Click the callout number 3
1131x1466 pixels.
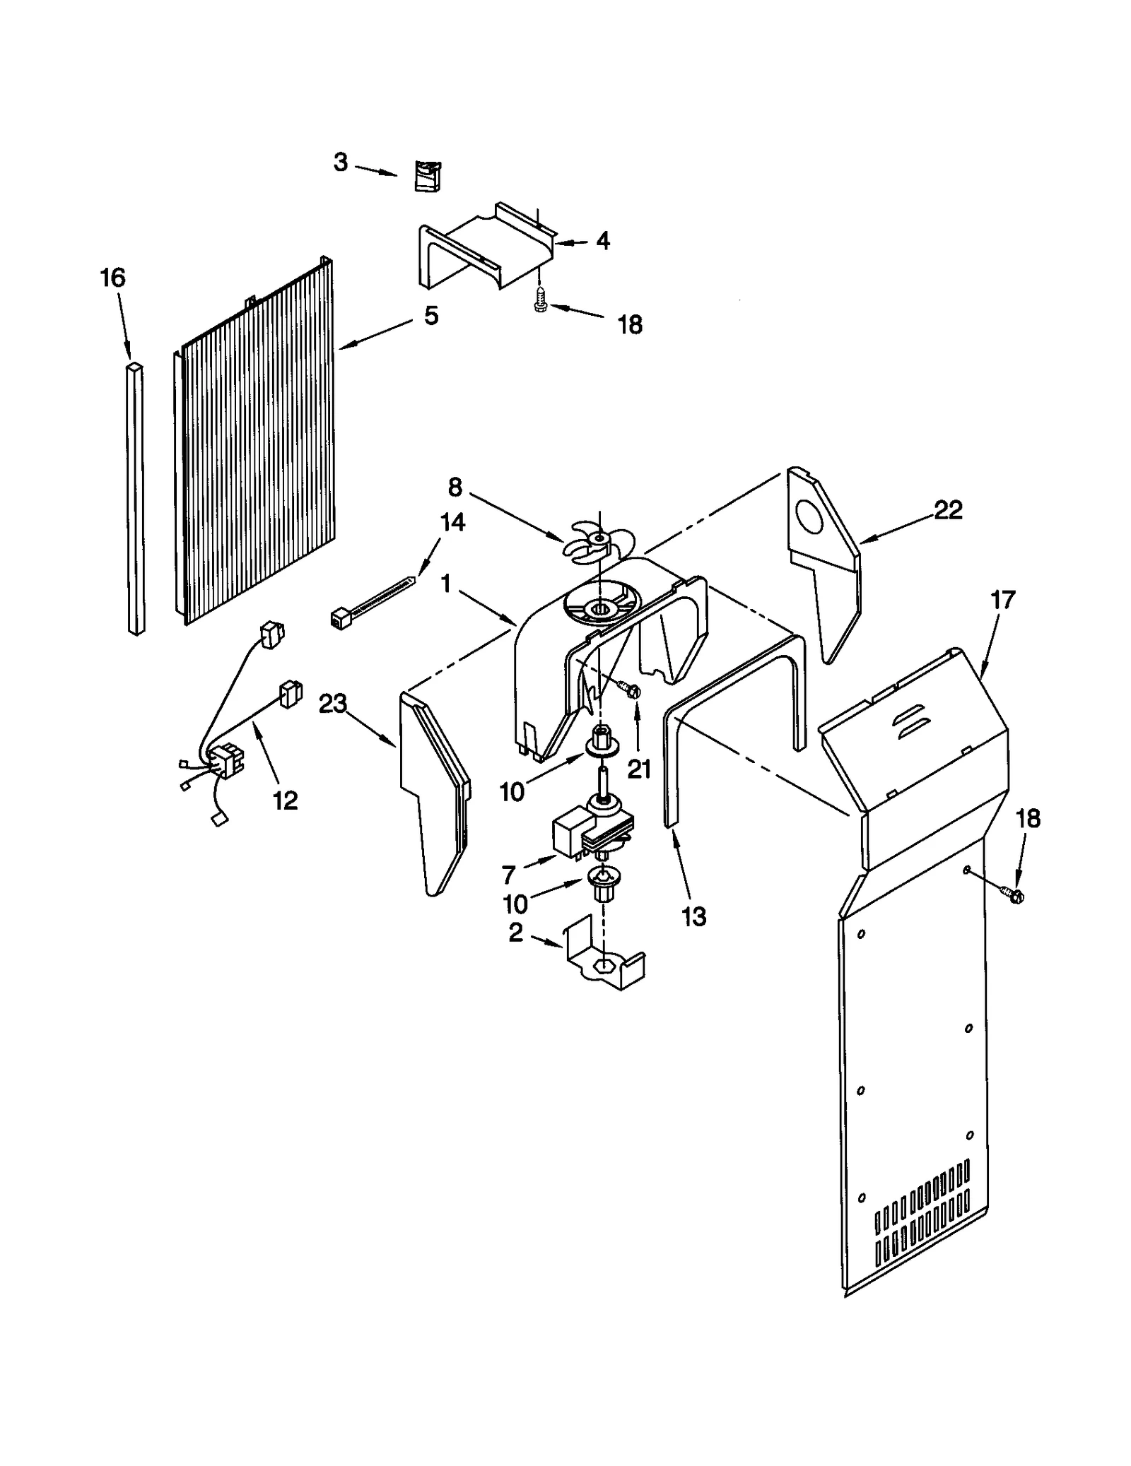click(x=341, y=162)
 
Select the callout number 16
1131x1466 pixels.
click(x=113, y=278)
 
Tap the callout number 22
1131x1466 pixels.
click(x=948, y=509)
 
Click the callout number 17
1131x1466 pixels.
click(x=1002, y=600)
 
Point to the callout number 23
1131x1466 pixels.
click(x=332, y=704)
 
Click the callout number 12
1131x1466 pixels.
click(x=286, y=800)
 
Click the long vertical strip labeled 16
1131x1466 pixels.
click(x=135, y=498)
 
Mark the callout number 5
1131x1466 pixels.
click(x=430, y=315)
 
